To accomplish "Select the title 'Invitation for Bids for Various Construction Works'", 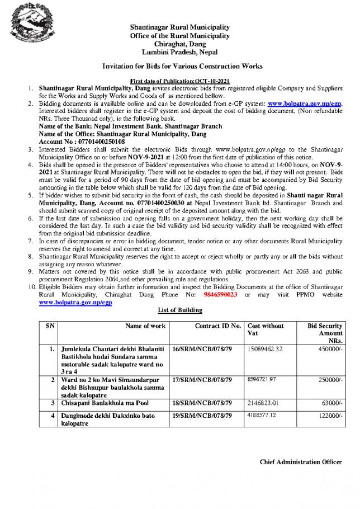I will (x=179, y=67).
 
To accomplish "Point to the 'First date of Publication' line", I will (x=179, y=81).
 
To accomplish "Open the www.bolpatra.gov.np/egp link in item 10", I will (x=75, y=302).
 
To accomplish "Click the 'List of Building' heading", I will (x=179, y=310).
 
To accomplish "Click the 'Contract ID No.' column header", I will (x=218, y=326).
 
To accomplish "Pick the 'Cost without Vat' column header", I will (x=266, y=329).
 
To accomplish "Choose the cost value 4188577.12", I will (x=266, y=416).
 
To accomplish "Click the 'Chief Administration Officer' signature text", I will (x=301, y=462).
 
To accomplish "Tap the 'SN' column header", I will (x=50, y=326).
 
